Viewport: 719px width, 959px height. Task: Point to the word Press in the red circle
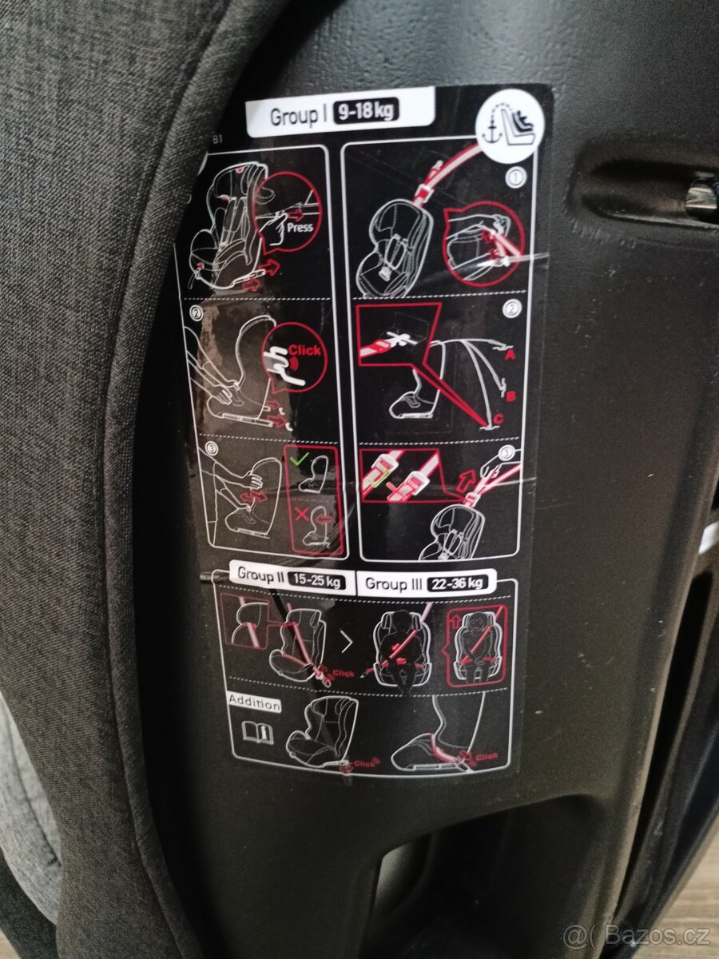point(300,226)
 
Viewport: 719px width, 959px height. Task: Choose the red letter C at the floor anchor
point(497,418)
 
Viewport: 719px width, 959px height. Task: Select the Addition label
point(255,704)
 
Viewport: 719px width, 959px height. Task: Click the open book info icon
point(258,733)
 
